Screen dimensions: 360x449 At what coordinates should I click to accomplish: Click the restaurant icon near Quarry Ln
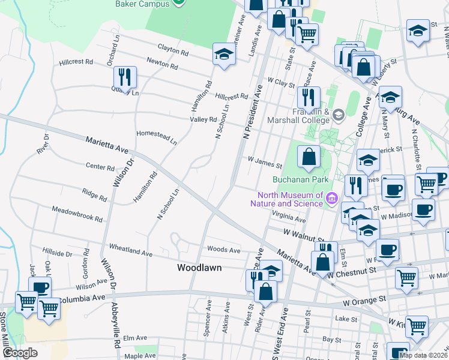(x=125, y=77)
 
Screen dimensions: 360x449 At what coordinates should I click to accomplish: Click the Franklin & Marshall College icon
(x=337, y=115)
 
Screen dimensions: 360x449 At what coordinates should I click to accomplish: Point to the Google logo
(x=20, y=352)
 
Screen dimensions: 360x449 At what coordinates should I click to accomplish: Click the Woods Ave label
(x=223, y=250)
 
